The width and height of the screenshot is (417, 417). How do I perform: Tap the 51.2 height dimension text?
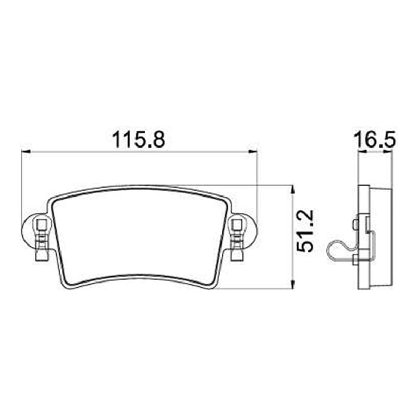coord(305,231)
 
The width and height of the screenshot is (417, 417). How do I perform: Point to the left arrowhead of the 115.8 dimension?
coord(26,152)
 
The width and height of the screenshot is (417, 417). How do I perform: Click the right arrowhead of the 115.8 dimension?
coord(253,152)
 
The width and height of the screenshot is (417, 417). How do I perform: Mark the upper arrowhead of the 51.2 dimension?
coord(292,190)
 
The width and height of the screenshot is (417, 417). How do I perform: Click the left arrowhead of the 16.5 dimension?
coord(362,151)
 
